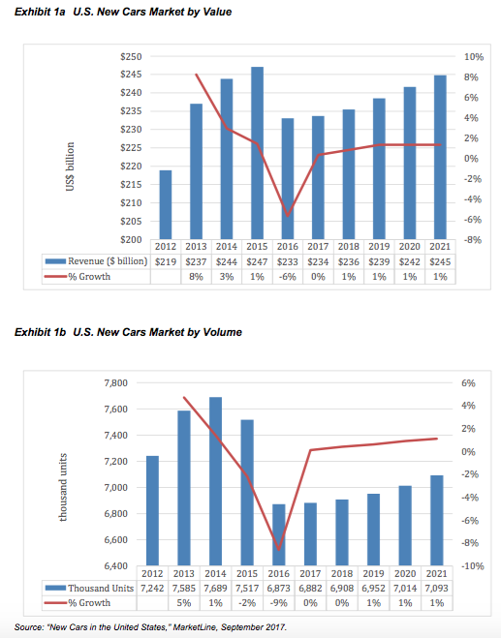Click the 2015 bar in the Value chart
pyautogui.click(x=257, y=153)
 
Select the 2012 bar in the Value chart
pyautogui.click(x=166, y=204)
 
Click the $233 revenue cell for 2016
pyautogui.click(x=287, y=260)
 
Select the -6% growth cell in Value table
pyautogui.click(x=287, y=278)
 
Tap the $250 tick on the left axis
pyautogui.click(x=131, y=56)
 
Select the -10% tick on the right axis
pyautogui.click(x=460, y=565)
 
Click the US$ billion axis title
pyautogui.click(x=70, y=167)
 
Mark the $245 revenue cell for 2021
pyautogui.click(x=440, y=260)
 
